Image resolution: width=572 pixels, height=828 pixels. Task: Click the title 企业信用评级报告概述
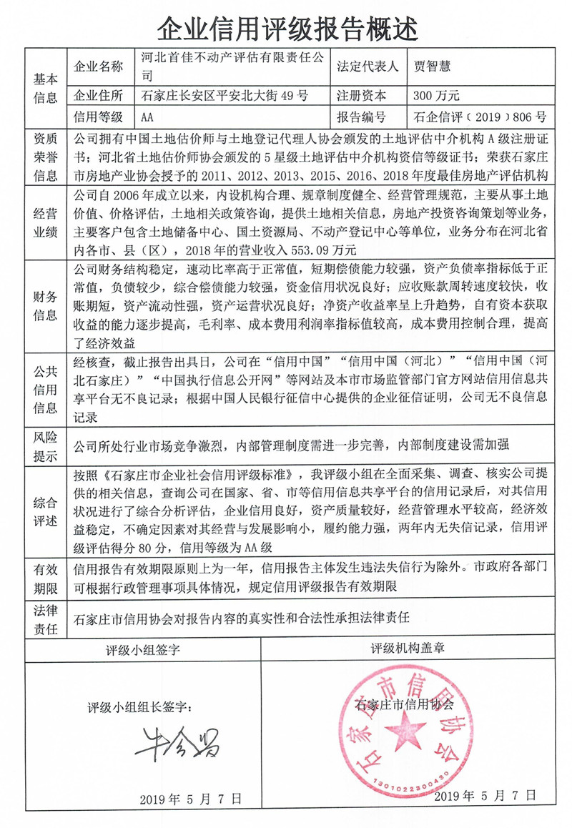pos(286,28)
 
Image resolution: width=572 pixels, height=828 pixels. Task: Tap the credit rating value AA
pos(148,116)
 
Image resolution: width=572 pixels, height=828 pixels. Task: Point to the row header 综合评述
pos(44,508)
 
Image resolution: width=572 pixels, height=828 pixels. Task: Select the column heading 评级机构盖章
pos(408,649)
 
